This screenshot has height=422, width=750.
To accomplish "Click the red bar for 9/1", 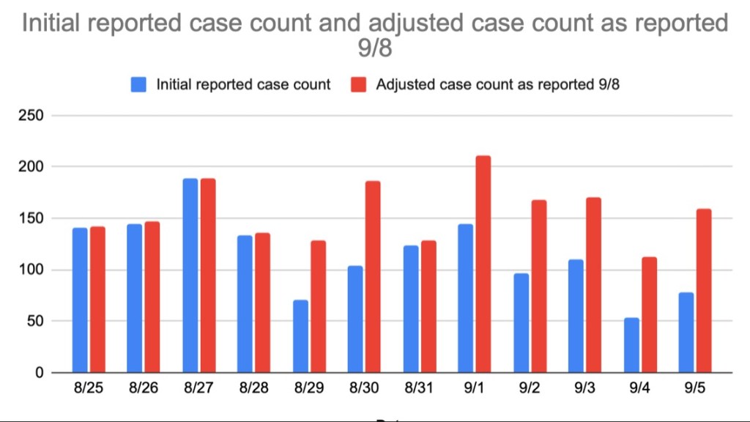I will pos(483,264).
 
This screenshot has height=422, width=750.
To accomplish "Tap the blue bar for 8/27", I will pos(190,275).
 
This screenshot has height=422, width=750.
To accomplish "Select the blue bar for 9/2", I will pos(521,322).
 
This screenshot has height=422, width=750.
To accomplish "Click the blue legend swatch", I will pos(139,84).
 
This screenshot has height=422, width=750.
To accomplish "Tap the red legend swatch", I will pos(360,84).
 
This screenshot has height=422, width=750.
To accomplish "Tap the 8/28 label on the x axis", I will pos(253,388).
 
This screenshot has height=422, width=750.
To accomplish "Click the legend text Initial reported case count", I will pos(243,84).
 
